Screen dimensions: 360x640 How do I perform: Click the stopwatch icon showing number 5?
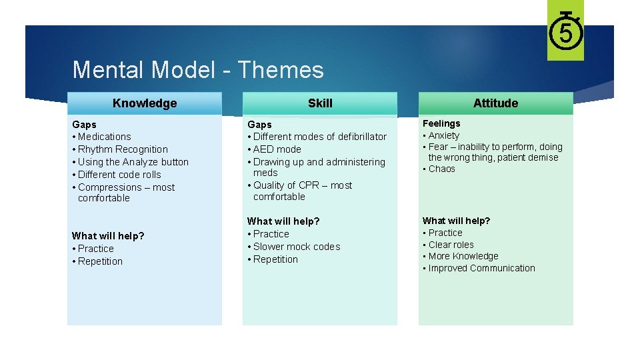(565, 31)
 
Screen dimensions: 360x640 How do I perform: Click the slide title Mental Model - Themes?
(197, 70)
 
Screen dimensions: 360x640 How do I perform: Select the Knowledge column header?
(145, 103)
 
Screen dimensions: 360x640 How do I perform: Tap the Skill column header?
(320, 103)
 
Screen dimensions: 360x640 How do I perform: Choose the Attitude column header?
(495, 103)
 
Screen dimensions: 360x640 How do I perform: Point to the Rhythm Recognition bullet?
(123, 149)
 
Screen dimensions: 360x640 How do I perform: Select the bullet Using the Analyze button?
(133, 162)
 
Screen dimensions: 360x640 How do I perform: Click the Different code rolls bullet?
(119, 175)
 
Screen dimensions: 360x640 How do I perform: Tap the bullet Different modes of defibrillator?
(319, 137)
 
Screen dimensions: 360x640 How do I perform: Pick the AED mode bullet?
(277, 149)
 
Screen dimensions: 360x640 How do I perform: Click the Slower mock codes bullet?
(296, 247)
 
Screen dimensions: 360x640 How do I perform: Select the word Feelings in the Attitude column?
(441, 123)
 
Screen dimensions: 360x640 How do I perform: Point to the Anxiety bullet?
(443, 135)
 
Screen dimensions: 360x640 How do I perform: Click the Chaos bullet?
(441, 169)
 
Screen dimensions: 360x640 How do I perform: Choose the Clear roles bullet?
(451, 245)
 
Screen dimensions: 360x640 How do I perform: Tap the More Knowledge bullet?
(463, 256)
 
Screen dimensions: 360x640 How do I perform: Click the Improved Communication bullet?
(481, 268)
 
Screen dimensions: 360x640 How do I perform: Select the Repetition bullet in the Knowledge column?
(100, 261)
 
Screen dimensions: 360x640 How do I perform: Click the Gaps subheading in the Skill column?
(259, 125)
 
